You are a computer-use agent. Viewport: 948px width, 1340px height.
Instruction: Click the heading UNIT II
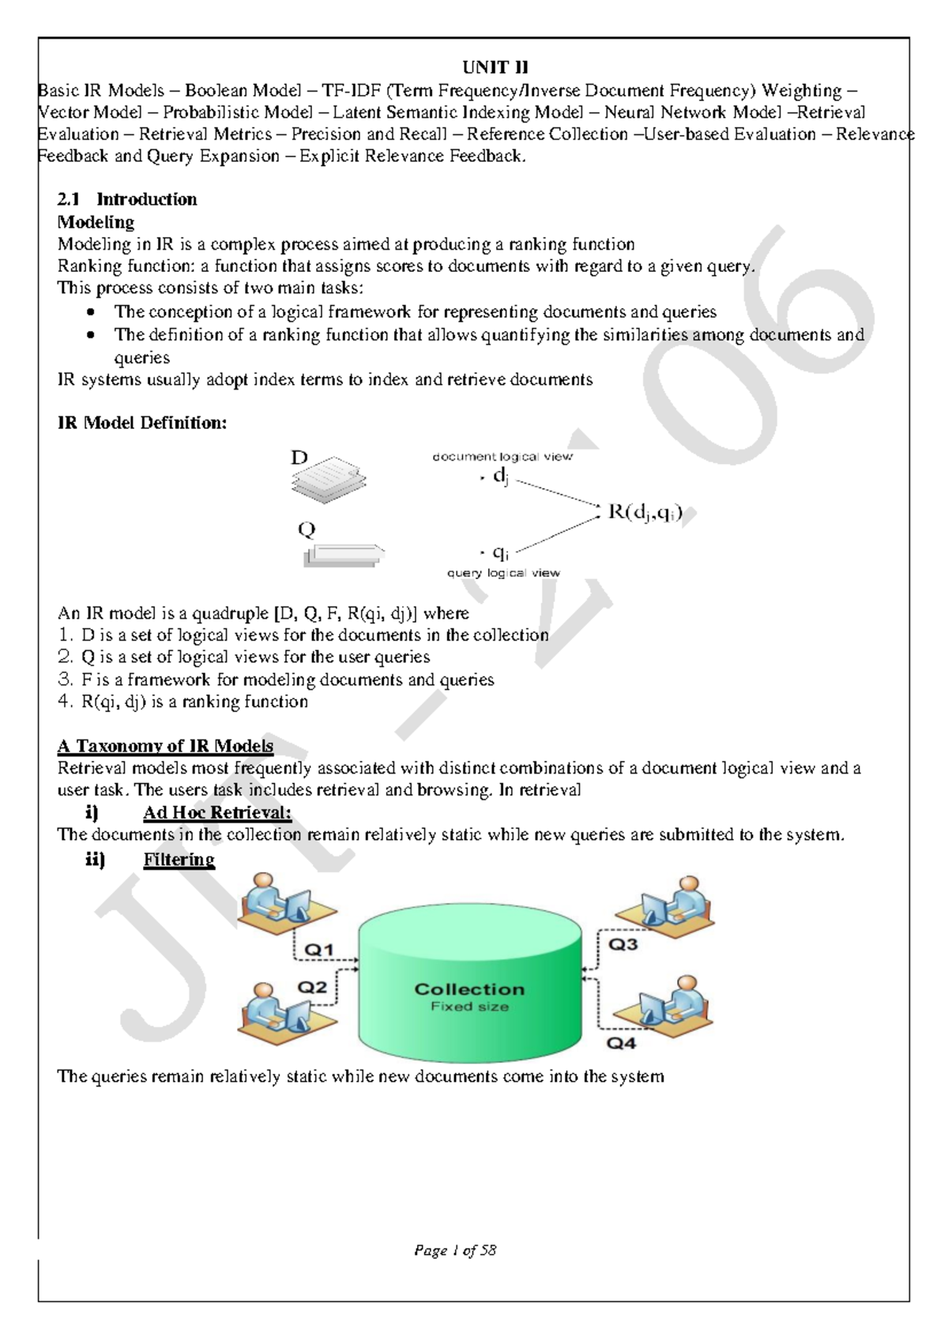pyautogui.click(x=495, y=68)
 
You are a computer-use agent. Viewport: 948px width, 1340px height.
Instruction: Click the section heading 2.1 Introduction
pyautogui.click(x=127, y=199)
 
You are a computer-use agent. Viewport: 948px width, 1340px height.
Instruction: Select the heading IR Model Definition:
pyautogui.click(x=142, y=423)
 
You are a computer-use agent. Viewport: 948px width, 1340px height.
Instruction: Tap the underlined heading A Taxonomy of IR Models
pyautogui.click(x=165, y=746)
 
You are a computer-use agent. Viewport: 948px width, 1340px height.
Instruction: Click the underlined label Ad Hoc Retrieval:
pyautogui.click(x=217, y=812)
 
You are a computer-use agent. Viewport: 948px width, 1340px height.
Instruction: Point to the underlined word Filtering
pyautogui.click(x=179, y=859)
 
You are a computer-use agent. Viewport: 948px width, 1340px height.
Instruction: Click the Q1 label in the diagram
pyautogui.click(x=319, y=950)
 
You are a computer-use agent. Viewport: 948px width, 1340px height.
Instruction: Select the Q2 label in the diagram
pyautogui.click(x=312, y=987)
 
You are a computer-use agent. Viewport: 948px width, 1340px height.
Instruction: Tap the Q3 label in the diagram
pyautogui.click(x=623, y=944)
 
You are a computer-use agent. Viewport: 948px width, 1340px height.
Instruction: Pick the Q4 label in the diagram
pyautogui.click(x=621, y=1043)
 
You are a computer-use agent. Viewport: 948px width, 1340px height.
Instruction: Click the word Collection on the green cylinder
pyautogui.click(x=469, y=989)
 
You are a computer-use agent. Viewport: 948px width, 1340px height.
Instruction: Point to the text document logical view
pyautogui.click(x=502, y=457)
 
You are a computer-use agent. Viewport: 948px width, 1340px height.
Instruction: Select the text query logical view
pyautogui.click(x=503, y=573)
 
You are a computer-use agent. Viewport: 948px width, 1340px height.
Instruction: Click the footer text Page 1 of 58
pyautogui.click(x=455, y=1251)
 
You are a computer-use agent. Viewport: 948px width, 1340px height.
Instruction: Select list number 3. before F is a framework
pyautogui.click(x=65, y=679)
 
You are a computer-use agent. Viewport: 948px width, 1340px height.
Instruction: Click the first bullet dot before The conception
pyautogui.click(x=92, y=312)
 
